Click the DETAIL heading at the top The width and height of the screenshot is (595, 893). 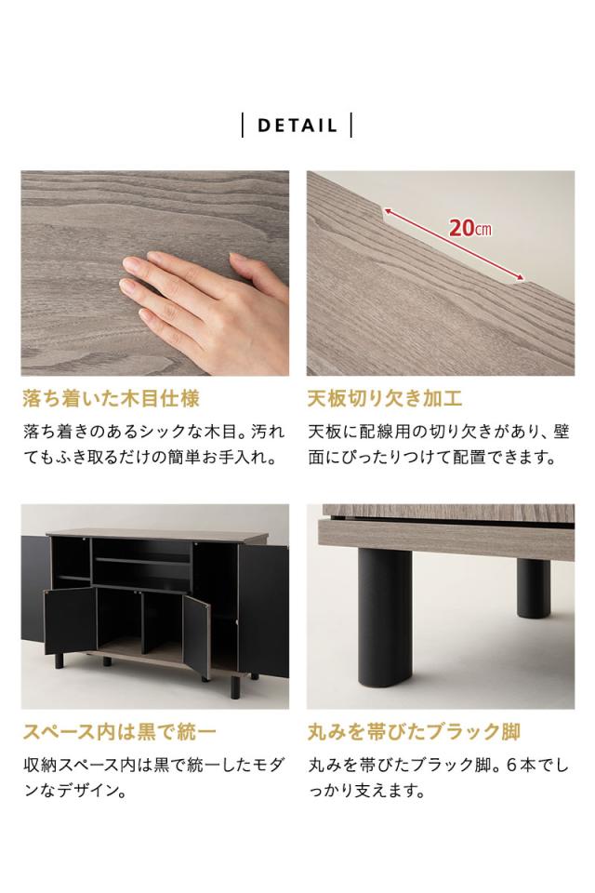(x=297, y=126)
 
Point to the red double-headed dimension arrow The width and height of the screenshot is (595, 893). (x=454, y=245)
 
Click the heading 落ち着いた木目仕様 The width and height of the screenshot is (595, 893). (x=111, y=399)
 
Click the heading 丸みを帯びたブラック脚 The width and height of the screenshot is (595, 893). (x=414, y=731)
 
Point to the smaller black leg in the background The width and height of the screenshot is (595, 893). (x=533, y=585)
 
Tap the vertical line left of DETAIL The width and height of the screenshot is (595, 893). (x=243, y=126)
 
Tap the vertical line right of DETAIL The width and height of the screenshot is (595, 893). (x=351, y=126)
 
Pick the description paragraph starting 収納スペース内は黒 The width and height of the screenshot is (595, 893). (x=153, y=779)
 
